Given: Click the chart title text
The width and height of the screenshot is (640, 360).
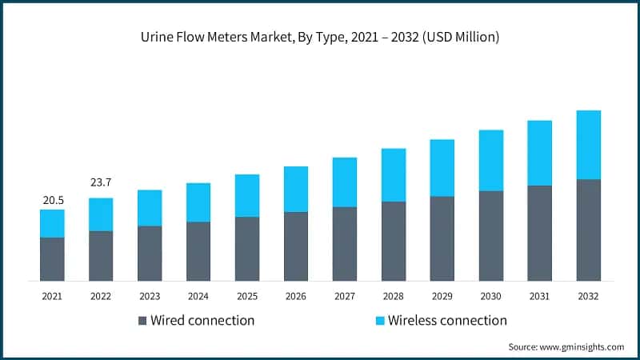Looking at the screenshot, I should pyautogui.click(x=320, y=38).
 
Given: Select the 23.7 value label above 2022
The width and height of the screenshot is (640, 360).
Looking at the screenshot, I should pyautogui.click(x=101, y=183).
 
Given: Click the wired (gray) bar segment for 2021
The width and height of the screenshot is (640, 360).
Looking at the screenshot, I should pyautogui.click(x=52, y=259).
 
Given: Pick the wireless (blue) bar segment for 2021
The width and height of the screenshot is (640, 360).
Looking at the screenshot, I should pyautogui.click(x=52, y=223).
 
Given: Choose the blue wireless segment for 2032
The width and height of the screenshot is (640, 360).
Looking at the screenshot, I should pyautogui.click(x=588, y=145).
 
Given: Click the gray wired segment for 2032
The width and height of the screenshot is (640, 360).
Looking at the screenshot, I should pyautogui.click(x=588, y=230).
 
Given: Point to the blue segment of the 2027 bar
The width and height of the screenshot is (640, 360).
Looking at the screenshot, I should pyautogui.click(x=345, y=182).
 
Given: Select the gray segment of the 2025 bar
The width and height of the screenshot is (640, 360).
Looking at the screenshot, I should pyautogui.click(x=247, y=249).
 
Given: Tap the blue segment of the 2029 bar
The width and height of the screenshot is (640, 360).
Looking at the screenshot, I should pyautogui.click(x=442, y=168).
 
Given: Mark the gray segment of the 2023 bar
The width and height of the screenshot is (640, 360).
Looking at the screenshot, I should pyautogui.click(x=150, y=254).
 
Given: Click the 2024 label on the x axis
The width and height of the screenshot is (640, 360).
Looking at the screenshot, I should pyautogui.click(x=198, y=296).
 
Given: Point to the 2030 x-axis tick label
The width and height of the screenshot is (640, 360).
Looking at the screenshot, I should pyautogui.click(x=490, y=296).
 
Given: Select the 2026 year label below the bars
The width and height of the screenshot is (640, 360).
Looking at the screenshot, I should pyautogui.click(x=296, y=296).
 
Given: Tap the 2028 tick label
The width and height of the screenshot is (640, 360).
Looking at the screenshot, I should pyautogui.click(x=394, y=296).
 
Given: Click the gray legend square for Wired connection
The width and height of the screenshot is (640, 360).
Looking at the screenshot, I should pyautogui.click(x=143, y=321).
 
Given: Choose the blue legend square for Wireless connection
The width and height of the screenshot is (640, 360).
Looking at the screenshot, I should pyautogui.click(x=381, y=321).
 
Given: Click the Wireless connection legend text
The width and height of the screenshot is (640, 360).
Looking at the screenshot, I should pyautogui.click(x=447, y=321).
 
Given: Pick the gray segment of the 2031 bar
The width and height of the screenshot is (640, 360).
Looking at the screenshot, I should pyautogui.click(x=539, y=234).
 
